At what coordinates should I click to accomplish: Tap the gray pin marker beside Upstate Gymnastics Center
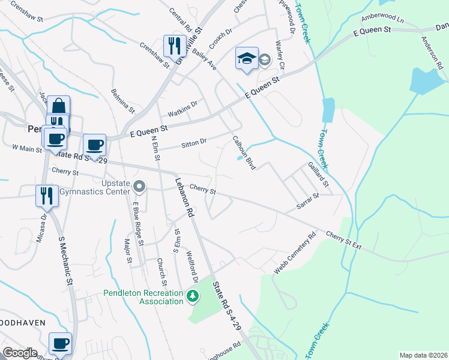pyautogui.click(x=139, y=187)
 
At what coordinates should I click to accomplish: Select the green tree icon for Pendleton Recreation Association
pyautogui.click(x=192, y=296)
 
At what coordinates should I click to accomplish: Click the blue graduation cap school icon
pyautogui.click(x=247, y=59)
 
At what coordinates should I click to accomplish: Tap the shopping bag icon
pyautogui.click(x=58, y=107)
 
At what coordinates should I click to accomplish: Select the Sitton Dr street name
pyautogui.click(x=193, y=143)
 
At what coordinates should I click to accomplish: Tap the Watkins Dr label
pyautogui.click(x=182, y=109)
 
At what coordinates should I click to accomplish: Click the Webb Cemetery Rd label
pyautogui.click(x=295, y=254)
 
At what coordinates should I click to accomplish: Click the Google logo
pyautogui.click(x=20, y=353)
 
